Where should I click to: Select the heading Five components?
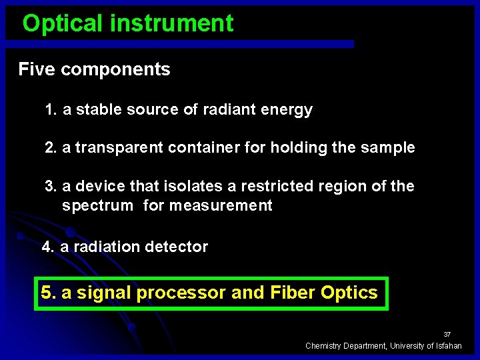[x=94, y=69]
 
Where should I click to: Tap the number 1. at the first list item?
[x=51, y=110]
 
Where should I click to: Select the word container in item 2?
[x=204, y=148]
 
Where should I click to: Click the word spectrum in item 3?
[x=97, y=205]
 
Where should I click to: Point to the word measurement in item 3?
[x=221, y=205]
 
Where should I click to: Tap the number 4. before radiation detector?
[x=48, y=247]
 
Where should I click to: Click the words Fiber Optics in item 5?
[x=324, y=293]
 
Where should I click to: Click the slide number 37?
[x=447, y=334]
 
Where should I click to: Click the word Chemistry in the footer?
[x=324, y=345]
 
